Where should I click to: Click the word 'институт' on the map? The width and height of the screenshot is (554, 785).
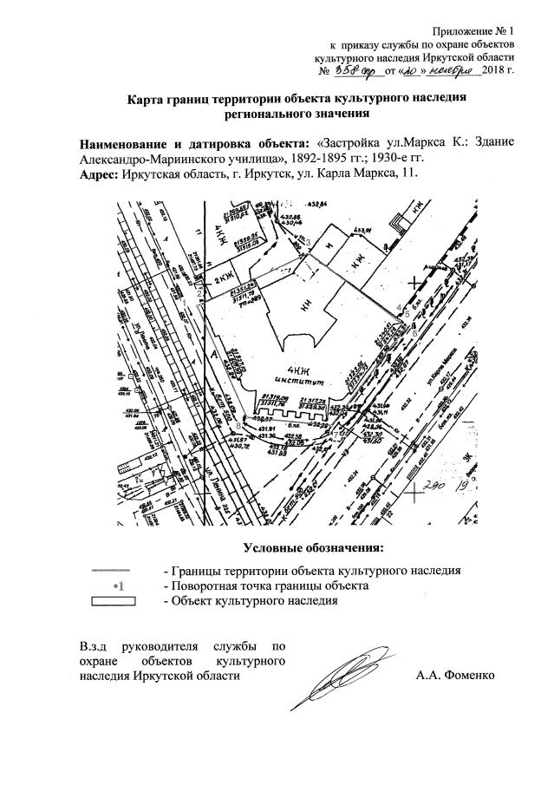pos(297,379)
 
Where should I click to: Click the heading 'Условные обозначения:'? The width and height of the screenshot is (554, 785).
pos(313,548)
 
